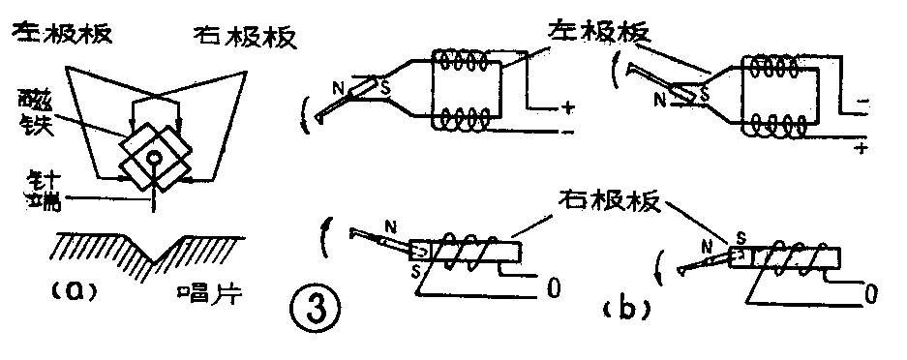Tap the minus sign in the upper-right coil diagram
[862, 100]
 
